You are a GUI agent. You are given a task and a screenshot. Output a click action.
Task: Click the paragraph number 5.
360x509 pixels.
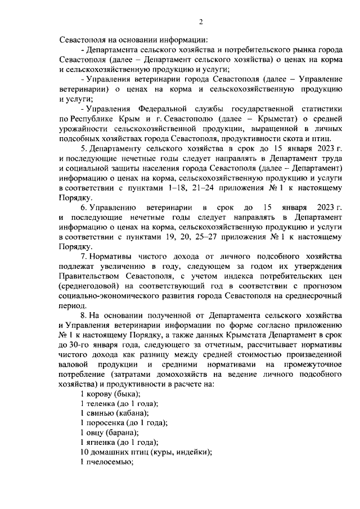tap(83, 148)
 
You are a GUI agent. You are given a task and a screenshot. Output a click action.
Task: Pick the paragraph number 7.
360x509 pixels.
tap(83, 257)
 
